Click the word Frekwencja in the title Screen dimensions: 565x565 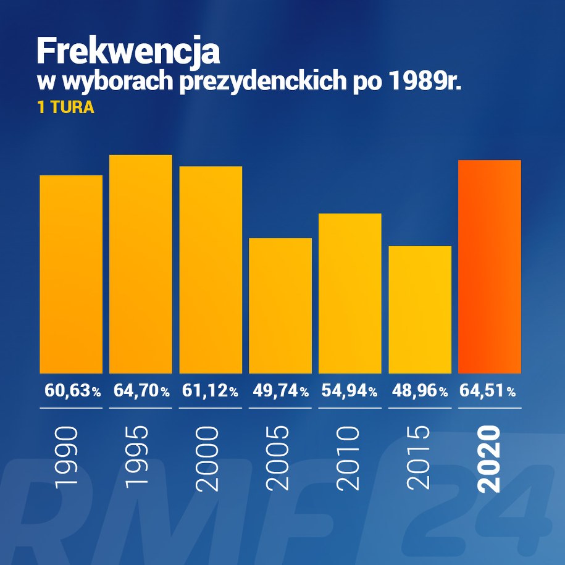[x=128, y=51]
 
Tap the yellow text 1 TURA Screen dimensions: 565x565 [x=65, y=108]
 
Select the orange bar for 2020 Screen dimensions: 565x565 [x=490, y=266]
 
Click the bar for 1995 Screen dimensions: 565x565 [x=141, y=264]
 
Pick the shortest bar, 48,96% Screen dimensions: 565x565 [x=420, y=309]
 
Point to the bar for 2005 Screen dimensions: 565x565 [x=280, y=305]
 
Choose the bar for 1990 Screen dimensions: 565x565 [x=71, y=274]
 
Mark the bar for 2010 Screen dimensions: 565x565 [x=350, y=293]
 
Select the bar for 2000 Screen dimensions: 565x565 [x=211, y=269]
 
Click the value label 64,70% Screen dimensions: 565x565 [x=141, y=391]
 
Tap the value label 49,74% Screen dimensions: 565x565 [x=281, y=391]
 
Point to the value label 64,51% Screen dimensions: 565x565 [x=488, y=391]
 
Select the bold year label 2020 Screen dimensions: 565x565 [x=490, y=459]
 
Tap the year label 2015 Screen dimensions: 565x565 [x=420, y=459]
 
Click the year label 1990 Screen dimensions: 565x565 [x=67, y=459]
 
